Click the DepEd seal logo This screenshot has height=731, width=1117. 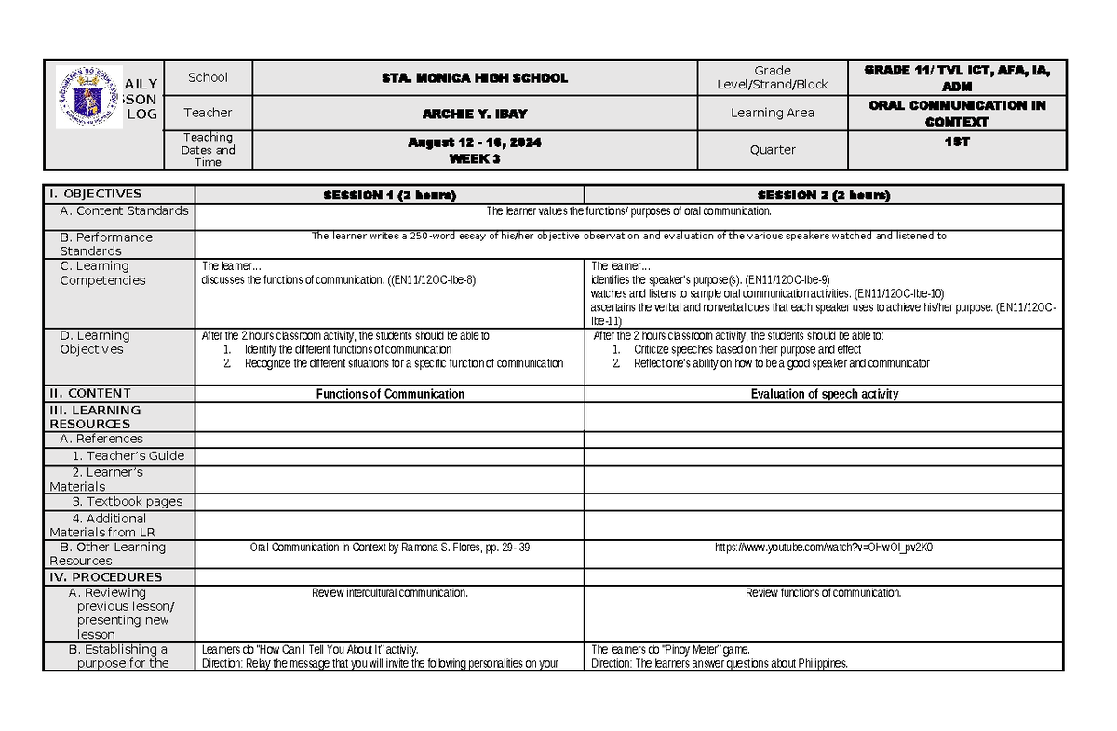pyautogui.click(x=88, y=96)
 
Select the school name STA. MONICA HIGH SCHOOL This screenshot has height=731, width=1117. pyautogui.click(x=475, y=78)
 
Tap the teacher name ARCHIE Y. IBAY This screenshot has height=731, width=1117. pyautogui.click(x=475, y=113)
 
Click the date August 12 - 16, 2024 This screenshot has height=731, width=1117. pyautogui.click(x=475, y=143)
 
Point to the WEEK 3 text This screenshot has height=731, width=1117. pyautogui.click(x=475, y=157)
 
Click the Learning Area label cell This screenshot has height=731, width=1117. pyautogui.click(x=773, y=113)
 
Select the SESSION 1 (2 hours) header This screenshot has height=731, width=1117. pyautogui.click(x=389, y=196)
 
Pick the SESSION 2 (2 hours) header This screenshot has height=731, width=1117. pyautogui.click(x=823, y=196)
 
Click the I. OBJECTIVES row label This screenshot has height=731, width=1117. pyautogui.click(x=96, y=195)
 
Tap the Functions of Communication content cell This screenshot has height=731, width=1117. pyautogui.click(x=390, y=394)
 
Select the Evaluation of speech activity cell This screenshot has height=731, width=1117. pyautogui.click(x=824, y=394)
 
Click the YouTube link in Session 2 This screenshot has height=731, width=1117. pyautogui.click(x=823, y=548)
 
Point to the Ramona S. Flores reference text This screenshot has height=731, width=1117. pyautogui.click(x=390, y=548)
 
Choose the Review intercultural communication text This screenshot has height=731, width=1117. pyautogui.click(x=390, y=593)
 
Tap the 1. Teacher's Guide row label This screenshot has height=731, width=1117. pyautogui.click(x=128, y=456)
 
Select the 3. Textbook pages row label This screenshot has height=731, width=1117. pyautogui.click(x=128, y=502)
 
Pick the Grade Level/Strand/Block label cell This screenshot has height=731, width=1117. pyautogui.click(x=773, y=77)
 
